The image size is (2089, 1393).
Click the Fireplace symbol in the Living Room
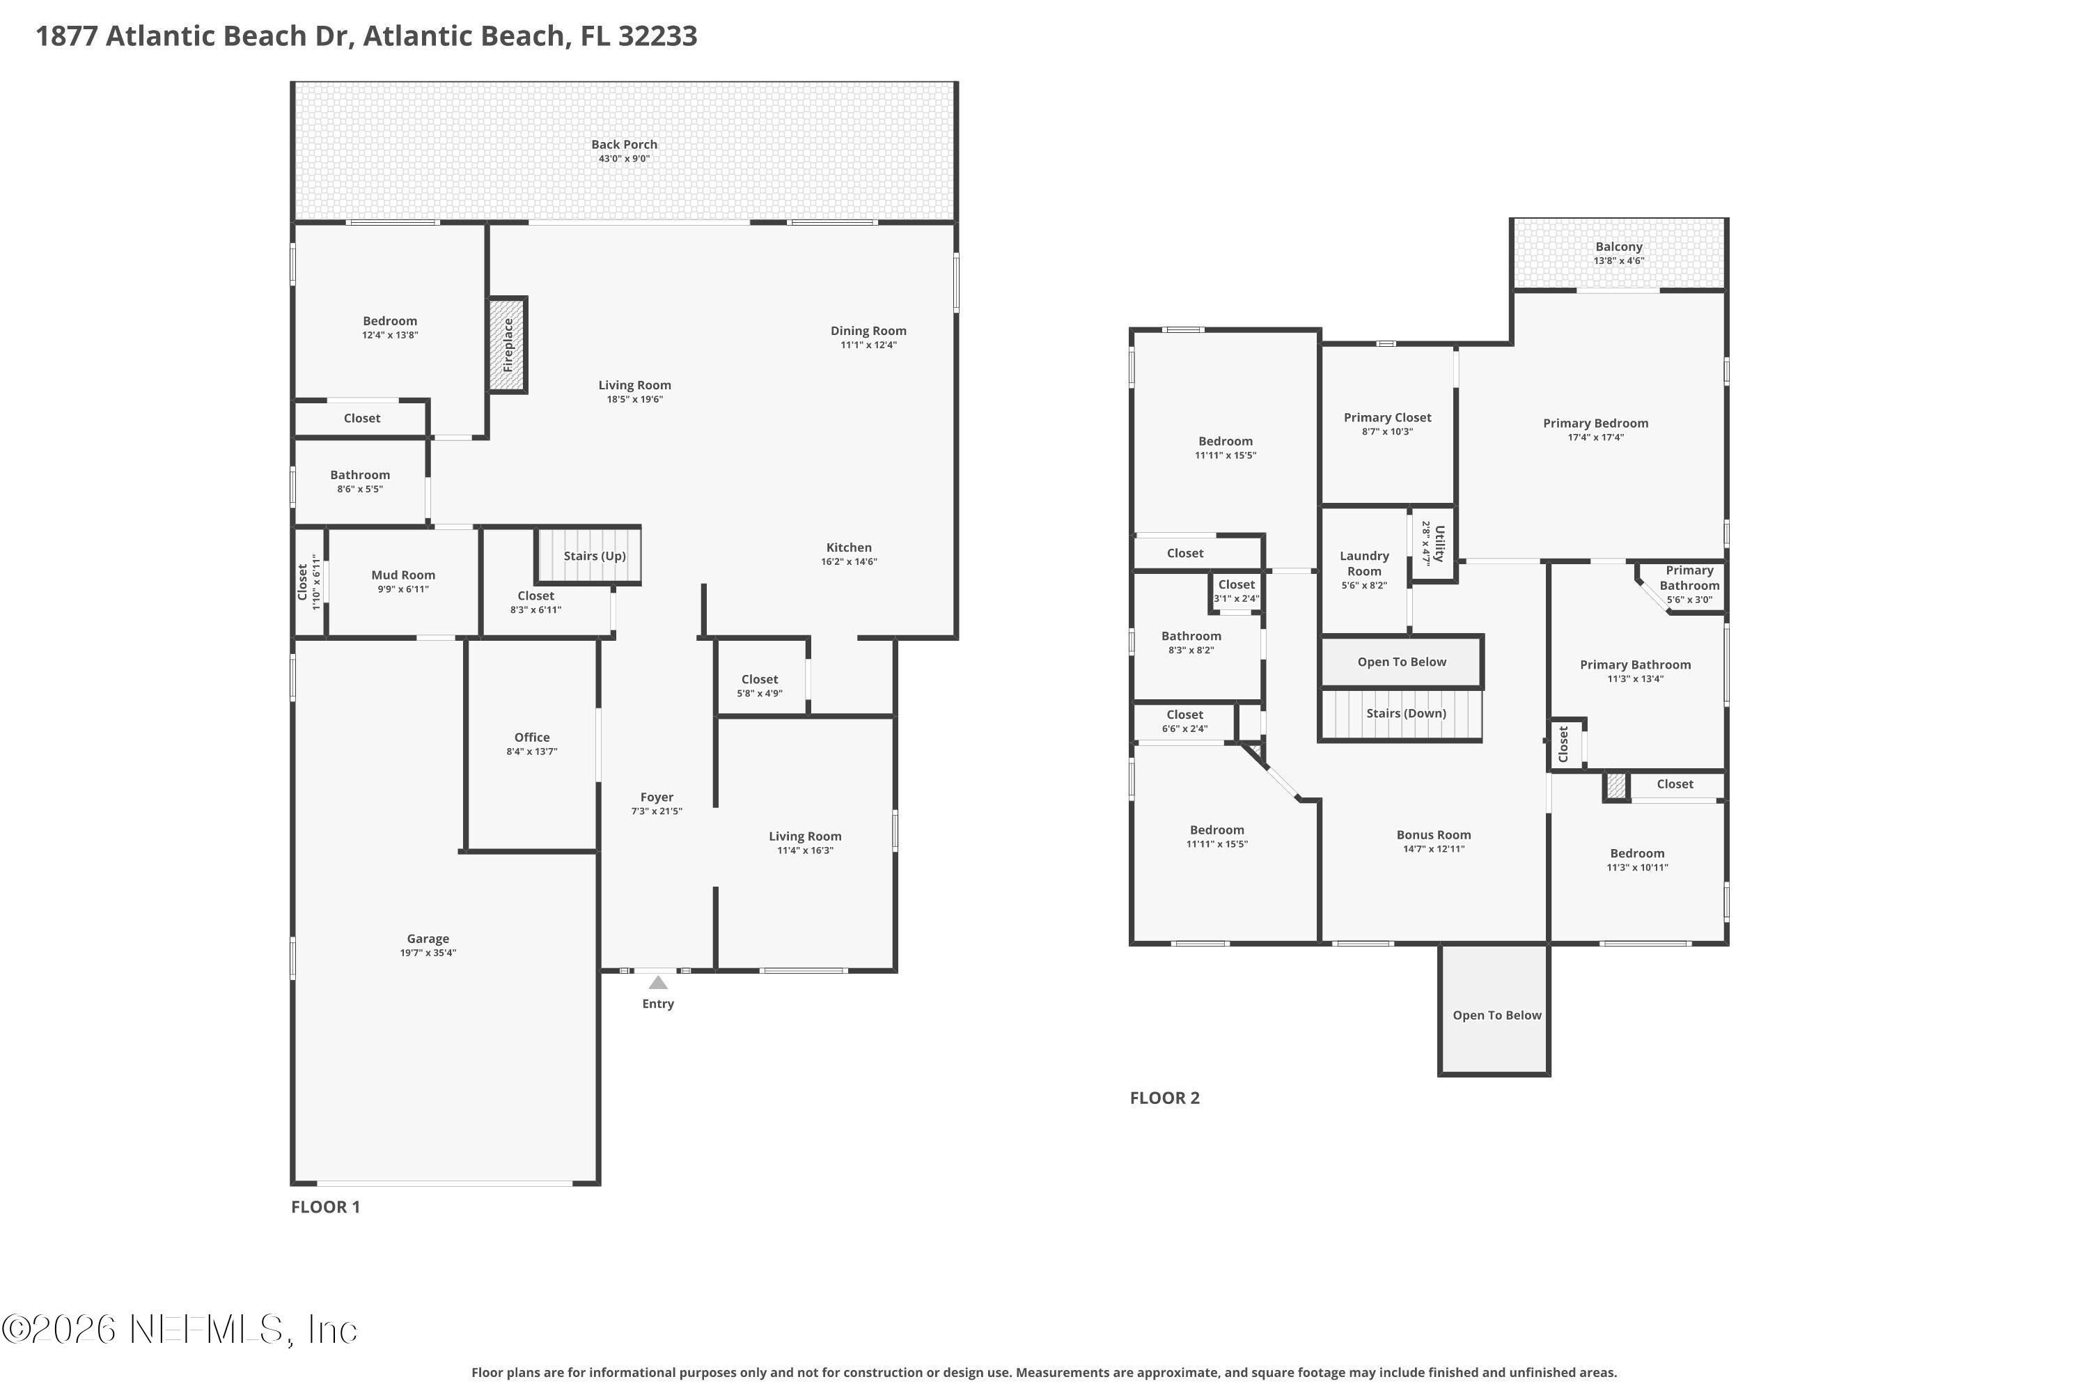pos(507,345)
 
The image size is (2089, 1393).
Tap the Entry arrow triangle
pos(658,983)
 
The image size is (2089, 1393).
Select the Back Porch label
pos(625,145)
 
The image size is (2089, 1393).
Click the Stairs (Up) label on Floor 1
pos(595,556)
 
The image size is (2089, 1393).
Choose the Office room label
pos(532,738)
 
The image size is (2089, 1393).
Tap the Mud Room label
pos(403,575)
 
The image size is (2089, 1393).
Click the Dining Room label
pos(868,330)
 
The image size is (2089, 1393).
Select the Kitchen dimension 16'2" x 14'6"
pos(849,561)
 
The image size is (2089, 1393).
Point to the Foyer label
pos(657,797)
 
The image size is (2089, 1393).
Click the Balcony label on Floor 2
pos(1619,247)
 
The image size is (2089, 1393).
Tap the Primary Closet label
pos(1387,417)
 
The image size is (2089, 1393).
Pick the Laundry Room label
pos(1364,563)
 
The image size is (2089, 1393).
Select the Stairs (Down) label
pos(1406,713)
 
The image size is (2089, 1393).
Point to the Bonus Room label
pos(1434,834)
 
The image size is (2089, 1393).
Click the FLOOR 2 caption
pos(1164,1098)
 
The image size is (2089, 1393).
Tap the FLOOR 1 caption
pos(326,1206)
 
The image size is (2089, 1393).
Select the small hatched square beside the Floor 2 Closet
pos(1616,786)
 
